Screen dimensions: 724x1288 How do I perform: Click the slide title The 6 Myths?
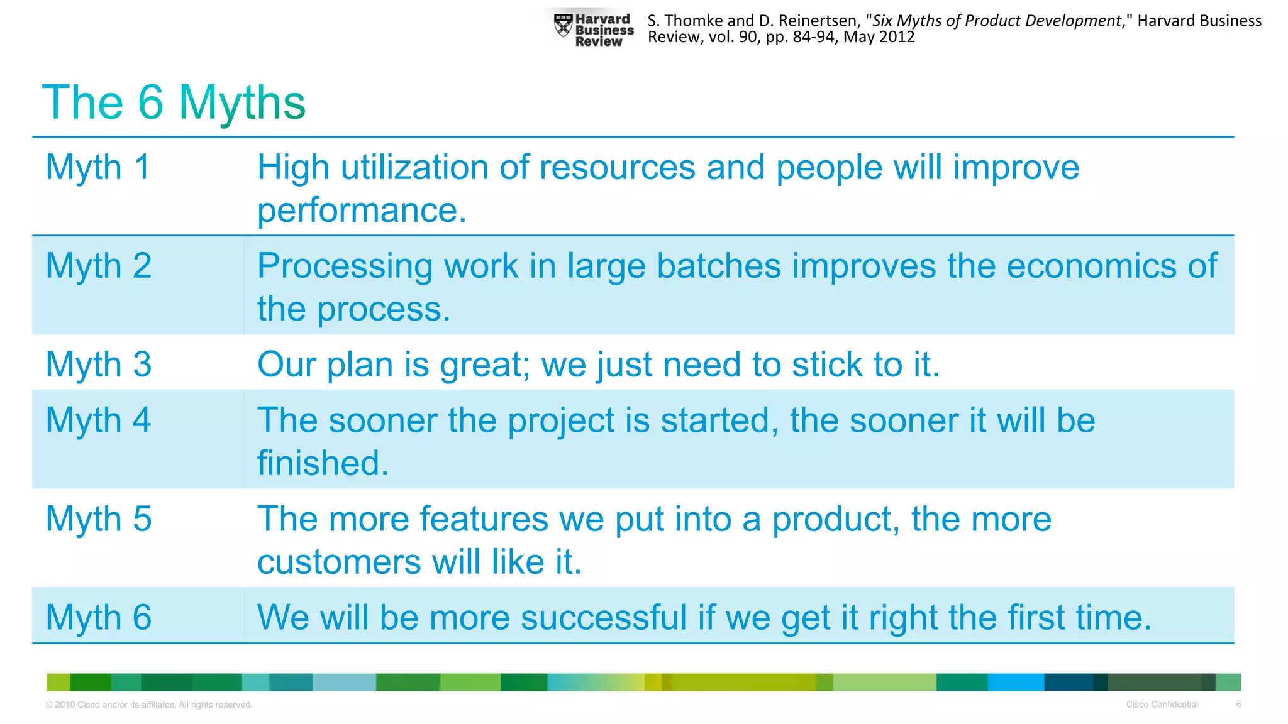coord(174,102)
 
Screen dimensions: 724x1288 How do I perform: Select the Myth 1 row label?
coord(98,167)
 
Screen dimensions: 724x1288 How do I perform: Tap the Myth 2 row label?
coord(99,266)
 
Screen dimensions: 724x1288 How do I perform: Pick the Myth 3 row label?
coord(99,365)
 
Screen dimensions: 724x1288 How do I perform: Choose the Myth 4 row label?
coord(99,420)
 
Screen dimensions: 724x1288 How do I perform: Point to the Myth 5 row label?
coord(99,519)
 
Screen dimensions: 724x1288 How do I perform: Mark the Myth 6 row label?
coord(99,617)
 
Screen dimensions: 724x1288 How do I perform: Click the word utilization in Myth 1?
coord(414,168)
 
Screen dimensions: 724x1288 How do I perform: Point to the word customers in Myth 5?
coord(339,562)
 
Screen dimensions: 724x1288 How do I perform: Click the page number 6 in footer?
coord(1238,704)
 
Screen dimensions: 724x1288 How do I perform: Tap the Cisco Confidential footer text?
coord(1162,704)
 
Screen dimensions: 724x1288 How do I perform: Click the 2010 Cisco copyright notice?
coord(149,705)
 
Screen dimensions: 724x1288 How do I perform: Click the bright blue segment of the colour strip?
coord(1016,682)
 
